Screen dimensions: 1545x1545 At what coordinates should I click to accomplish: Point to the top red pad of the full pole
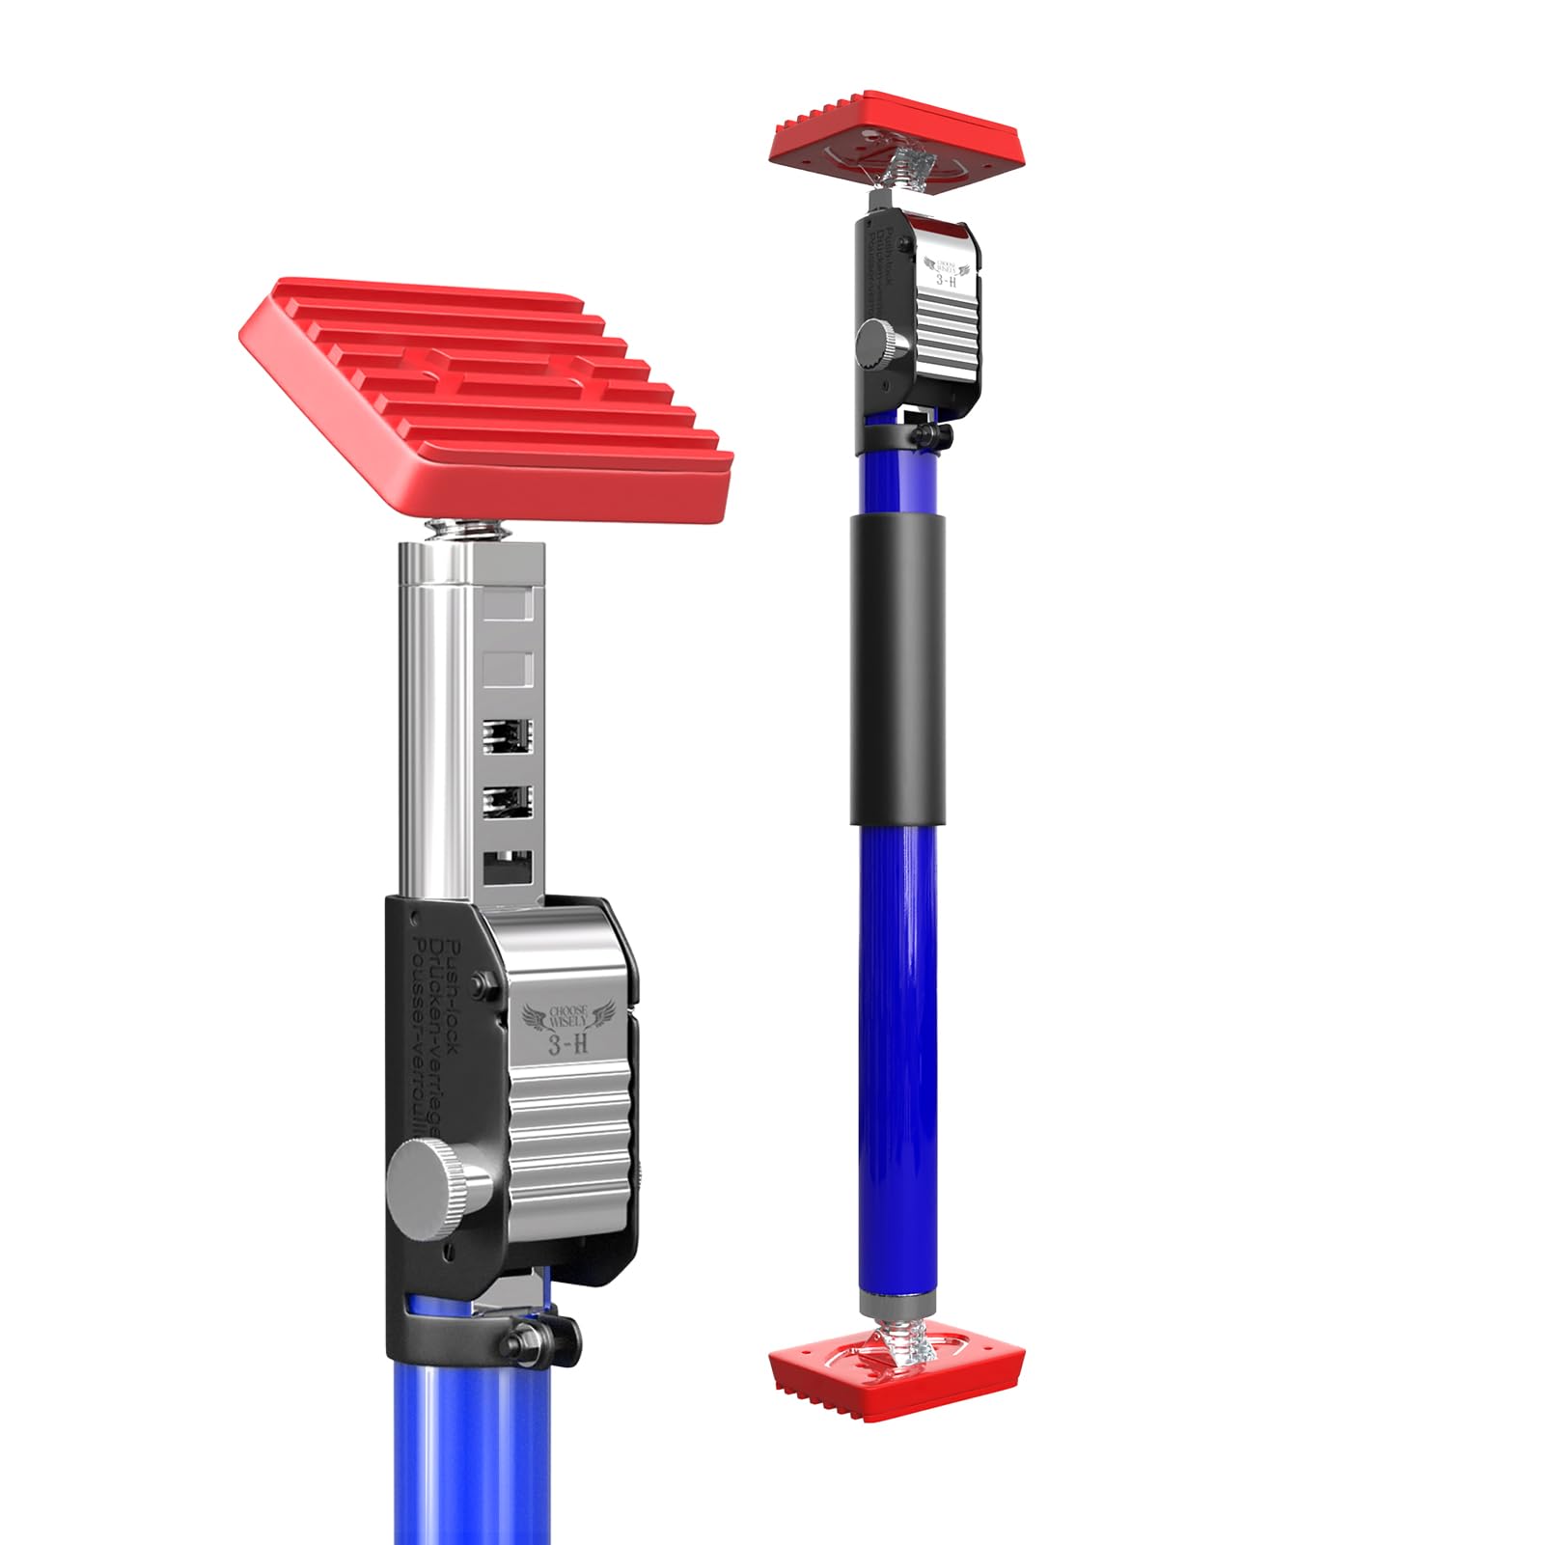(896, 130)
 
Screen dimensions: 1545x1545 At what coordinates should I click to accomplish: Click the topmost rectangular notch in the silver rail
(508, 606)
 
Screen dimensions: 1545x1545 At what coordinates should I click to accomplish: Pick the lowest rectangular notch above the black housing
(508, 867)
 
